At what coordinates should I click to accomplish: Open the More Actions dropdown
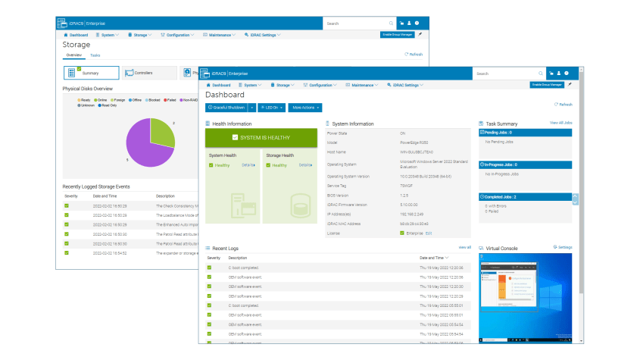[305, 108]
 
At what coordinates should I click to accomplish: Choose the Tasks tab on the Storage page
[95, 55]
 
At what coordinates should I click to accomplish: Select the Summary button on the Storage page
[90, 73]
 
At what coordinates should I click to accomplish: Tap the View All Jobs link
[560, 122]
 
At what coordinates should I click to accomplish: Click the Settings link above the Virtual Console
[563, 247]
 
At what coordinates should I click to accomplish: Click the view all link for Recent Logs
[464, 247]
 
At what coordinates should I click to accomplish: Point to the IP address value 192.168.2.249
[412, 214]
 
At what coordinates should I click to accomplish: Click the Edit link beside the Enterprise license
[428, 233]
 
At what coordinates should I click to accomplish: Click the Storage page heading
[76, 45]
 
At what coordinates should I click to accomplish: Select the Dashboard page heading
[224, 95]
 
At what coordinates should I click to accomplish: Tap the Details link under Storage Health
[304, 164]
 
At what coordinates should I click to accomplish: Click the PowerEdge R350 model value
[415, 142]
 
